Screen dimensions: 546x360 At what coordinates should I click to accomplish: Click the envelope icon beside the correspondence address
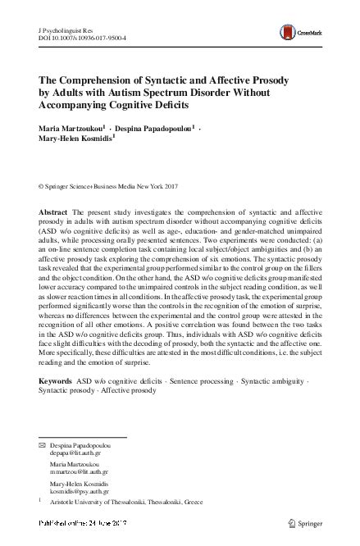click(43, 443)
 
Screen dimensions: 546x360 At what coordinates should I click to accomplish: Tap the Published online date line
click(91, 522)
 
